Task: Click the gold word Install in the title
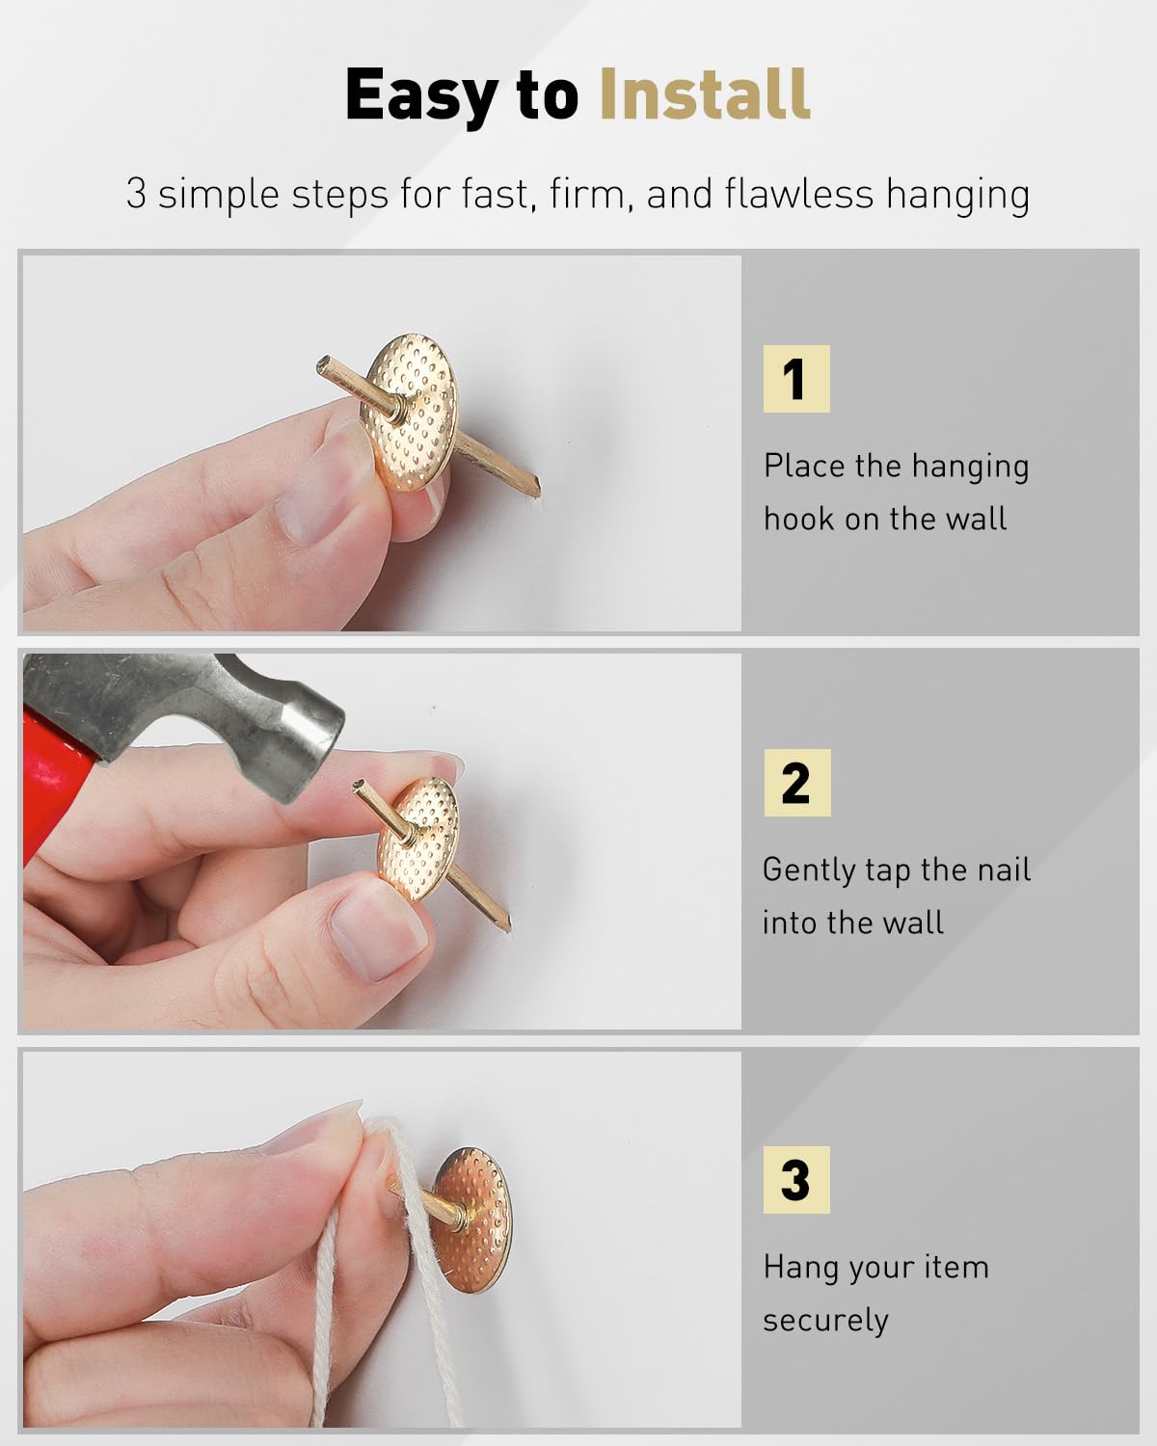coord(705,94)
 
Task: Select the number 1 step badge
coord(796,379)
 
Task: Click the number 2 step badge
coord(797,783)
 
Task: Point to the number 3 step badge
coord(796,1180)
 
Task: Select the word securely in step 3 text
coord(825,1321)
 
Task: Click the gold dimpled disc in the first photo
coord(412,412)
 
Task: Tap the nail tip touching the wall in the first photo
coord(539,489)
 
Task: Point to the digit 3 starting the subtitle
coord(136,194)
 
